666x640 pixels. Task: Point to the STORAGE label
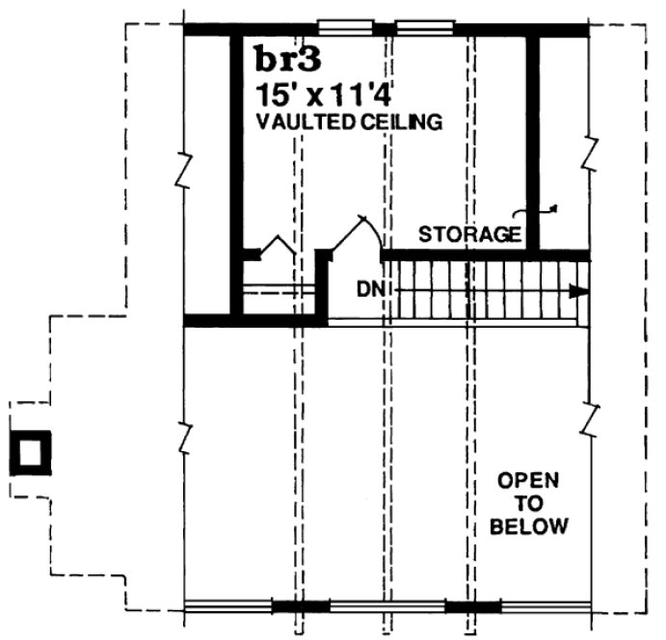470,233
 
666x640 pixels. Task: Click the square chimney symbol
30,452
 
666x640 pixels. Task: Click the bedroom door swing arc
358,231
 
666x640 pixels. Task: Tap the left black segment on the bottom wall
299,606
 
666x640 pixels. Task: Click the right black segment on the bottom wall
472,606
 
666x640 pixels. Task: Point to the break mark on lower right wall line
589,415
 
